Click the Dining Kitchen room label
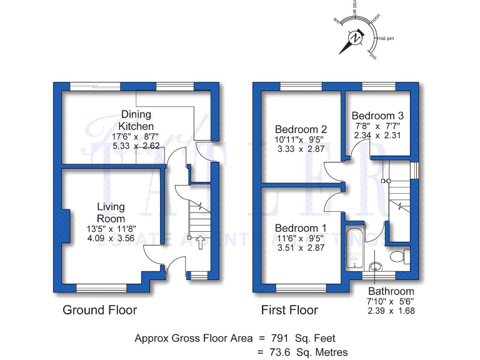(x=136, y=120)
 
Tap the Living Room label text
(x=111, y=212)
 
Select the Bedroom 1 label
(x=301, y=228)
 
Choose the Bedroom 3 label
(x=377, y=116)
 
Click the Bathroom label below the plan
(x=391, y=291)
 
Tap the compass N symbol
(x=356, y=37)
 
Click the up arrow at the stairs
(x=199, y=242)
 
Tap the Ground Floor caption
(x=99, y=310)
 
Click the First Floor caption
(x=289, y=310)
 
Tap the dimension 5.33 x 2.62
(x=136, y=146)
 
